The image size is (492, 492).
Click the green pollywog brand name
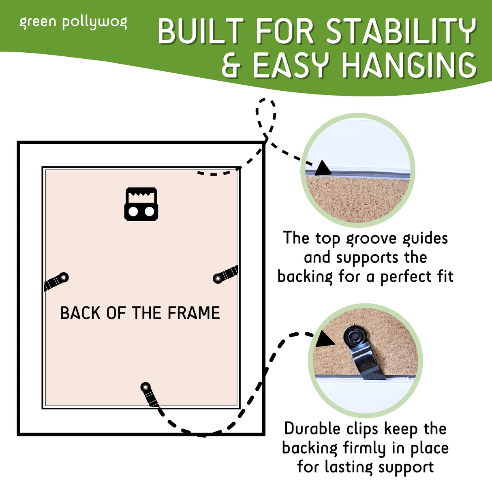[x=73, y=23]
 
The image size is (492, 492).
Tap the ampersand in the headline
[x=232, y=65]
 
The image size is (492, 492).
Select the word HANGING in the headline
[x=409, y=65]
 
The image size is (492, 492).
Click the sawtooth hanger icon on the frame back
[x=141, y=204]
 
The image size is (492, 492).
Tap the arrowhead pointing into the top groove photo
[x=323, y=169]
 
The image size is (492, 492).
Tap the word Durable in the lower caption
[x=312, y=429]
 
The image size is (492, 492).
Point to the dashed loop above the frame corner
[x=265, y=116]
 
